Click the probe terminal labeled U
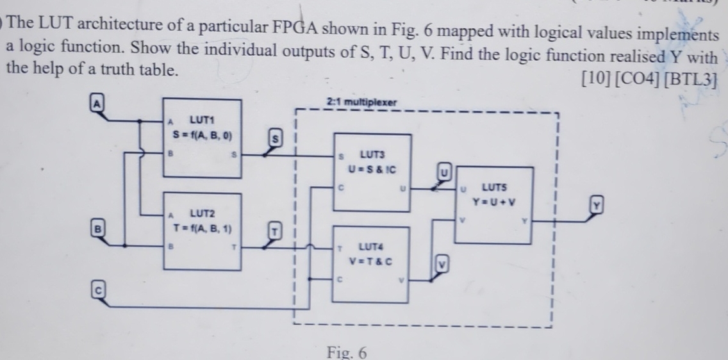(444, 171)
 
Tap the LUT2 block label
(203, 213)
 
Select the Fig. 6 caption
(347, 352)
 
